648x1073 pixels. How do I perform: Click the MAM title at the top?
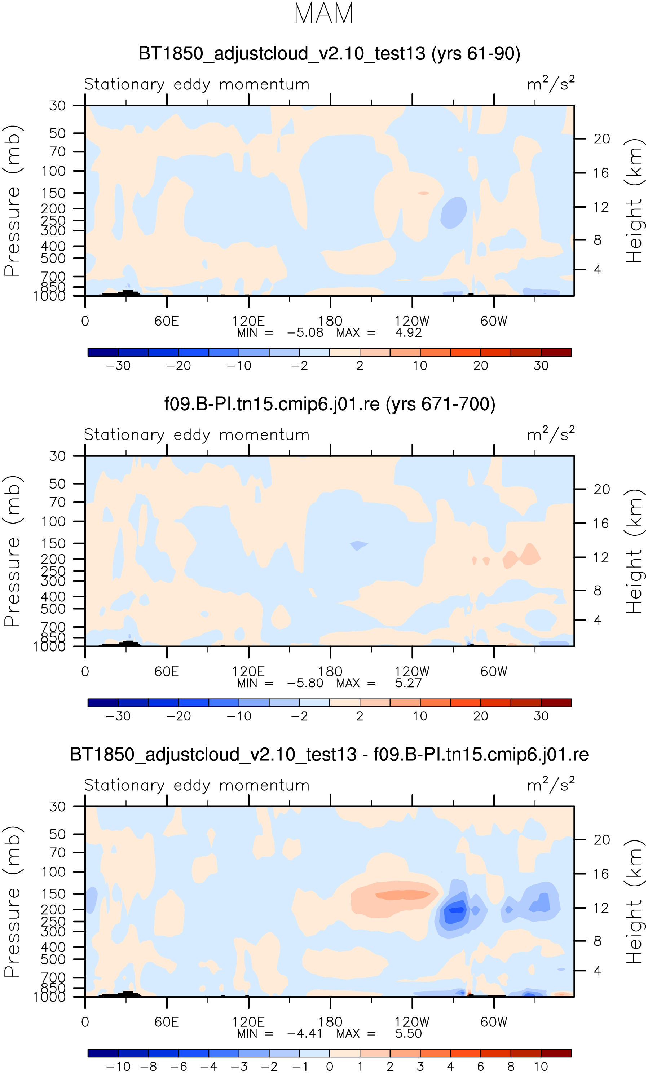[x=323, y=13]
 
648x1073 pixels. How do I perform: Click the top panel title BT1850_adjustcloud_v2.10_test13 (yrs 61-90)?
[x=329, y=54]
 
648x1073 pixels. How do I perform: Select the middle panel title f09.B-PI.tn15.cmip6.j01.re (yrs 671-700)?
[x=330, y=404]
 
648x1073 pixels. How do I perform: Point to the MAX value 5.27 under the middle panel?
[x=409, y=683]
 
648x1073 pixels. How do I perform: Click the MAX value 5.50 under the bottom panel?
[x=409, y=1033]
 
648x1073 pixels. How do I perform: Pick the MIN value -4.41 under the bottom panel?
[x=305, y=1033]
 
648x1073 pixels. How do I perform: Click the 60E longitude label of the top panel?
[x=167, y=321]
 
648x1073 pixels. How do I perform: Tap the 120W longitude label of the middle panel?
[x=412, y=671]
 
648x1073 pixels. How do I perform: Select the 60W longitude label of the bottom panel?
[x=494, y=1022]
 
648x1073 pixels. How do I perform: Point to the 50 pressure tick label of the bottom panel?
[x=57, y=834]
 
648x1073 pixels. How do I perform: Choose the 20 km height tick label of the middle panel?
[x=601, y=490]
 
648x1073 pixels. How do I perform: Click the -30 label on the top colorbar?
[x=118, y=366]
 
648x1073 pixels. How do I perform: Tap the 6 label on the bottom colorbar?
[x=480, y=1067]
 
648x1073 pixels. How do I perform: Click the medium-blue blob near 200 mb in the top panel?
[x=454, y=212]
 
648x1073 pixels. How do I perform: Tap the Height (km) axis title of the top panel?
[x=634, y=201]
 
